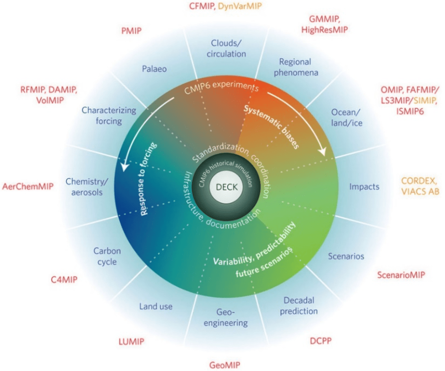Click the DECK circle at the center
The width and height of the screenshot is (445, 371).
[x=227, y=187]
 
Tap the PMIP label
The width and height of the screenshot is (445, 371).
[x=131, y=30]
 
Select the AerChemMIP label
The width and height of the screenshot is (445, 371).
[x=28, y=186]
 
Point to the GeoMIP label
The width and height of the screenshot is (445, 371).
[x=225, y=365]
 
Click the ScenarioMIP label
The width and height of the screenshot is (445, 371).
[x=401, y=275]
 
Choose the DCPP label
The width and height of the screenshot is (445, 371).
[x=321, y=341]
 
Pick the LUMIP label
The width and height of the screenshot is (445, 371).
[x=131, y=341]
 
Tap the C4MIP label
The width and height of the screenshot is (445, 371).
[x=64, y=279]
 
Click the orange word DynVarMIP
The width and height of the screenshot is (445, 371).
[x=240, y=6]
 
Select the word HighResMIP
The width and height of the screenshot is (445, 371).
[x=325, y=30]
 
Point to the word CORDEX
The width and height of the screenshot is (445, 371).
[x=419, y=181]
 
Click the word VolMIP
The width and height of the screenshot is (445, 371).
[x=50, y=100]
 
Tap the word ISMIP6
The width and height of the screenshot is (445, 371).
[x=410, y=111]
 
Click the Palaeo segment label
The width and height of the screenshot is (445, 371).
[x=154, y=69]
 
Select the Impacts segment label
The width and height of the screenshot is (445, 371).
[x=365, y=187]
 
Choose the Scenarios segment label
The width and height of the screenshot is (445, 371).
[x=346, y=256]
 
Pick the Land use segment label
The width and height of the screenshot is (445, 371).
[x=156, y=306]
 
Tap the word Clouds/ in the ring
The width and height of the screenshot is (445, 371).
[x=226, y=43]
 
